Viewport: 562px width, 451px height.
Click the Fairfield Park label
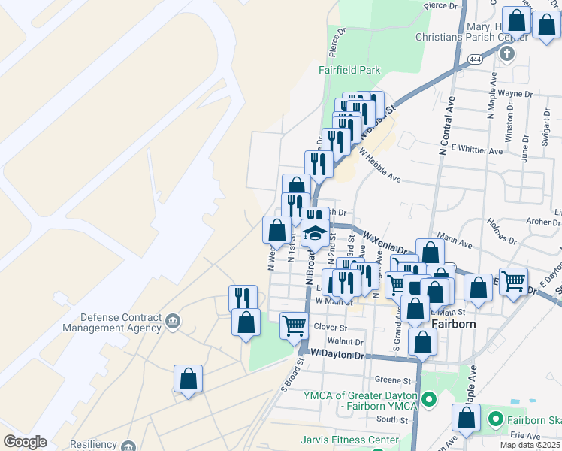349,70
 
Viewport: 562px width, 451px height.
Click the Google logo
25,441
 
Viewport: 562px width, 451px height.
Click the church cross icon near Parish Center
508,53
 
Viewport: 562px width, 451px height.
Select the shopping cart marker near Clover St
293,325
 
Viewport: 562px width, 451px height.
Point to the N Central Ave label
446,120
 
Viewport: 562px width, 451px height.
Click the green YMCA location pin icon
429,400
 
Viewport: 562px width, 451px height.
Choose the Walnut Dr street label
350,341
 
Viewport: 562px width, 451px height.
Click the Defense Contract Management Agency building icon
174,322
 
